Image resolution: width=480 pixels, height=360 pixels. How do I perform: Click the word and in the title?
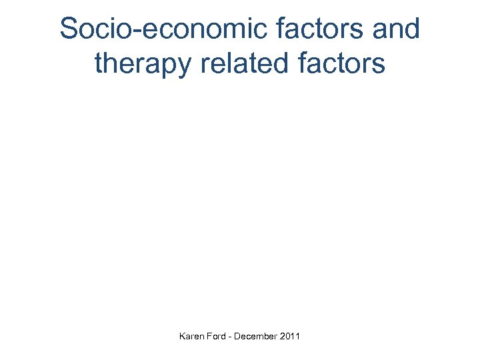pos(396,29)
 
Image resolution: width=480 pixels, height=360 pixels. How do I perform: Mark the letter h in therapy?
pos(110,63)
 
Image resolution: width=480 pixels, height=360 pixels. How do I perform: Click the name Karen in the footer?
pos(191,337)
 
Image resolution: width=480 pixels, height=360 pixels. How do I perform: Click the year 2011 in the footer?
pos(290,337)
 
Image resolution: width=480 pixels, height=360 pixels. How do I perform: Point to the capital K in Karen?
pos(182,337)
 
